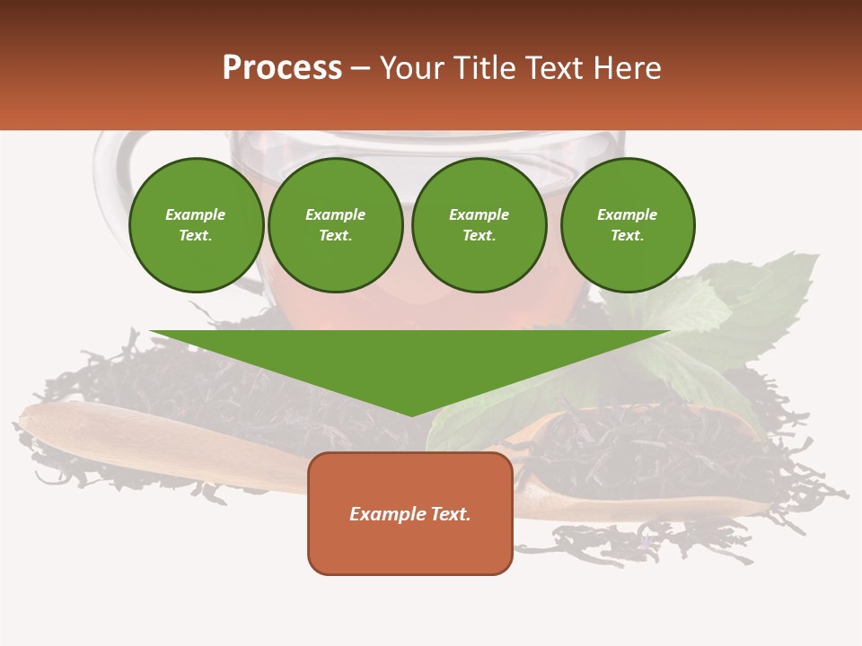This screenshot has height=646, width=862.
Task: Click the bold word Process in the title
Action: [282, 68]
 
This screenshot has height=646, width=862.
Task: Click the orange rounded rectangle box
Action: [410, 547]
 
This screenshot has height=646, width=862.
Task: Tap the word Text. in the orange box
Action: [452, 514]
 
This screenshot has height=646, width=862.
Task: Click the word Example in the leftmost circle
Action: [196, 214]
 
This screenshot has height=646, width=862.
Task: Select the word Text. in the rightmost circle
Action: [627, 235]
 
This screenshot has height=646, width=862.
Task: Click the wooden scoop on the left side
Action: [135, 440]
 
